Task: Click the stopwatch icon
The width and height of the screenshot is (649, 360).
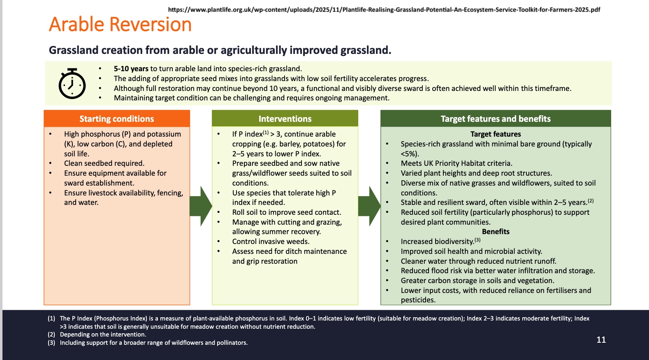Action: click(x=72, y=84)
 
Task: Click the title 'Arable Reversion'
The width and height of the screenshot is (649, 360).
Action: click(x=120, y=24)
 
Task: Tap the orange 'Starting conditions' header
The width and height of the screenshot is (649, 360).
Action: click(x=117, y=119)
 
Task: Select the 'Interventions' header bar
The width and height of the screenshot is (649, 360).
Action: click(x=285, y=119)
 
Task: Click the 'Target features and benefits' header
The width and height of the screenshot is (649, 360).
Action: click(x=496, y=119)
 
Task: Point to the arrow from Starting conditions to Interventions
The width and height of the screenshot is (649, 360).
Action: click(x=201, y=206)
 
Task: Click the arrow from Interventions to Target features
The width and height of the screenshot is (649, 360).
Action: click(x=369, y=206)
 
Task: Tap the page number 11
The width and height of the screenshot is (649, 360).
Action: click(x=601, y=340)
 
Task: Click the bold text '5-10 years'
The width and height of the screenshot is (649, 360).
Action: click(x=131, y=69)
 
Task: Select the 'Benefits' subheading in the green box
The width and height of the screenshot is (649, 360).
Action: click(x=496, y=232)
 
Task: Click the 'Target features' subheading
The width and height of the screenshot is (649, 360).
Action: click(x=496, y=134)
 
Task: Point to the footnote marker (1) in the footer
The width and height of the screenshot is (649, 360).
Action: click(x=51, y=318)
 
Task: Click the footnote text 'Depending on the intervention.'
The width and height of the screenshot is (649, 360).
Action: click(x=103, y=334)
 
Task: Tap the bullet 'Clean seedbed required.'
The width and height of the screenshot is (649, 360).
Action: click(x=104, y=163)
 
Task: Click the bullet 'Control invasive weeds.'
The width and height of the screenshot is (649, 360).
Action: click(x=271, y=242)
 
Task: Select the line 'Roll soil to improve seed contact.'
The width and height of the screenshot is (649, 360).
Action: click(x=287, y=212)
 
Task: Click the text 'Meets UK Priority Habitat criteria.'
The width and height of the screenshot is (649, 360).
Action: click(x=457, y=163)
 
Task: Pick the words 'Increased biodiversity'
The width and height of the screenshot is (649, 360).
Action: click(x=437, y=242)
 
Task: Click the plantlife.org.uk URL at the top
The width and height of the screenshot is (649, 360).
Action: click(x=384, y=9)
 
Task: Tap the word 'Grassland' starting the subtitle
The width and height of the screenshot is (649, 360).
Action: click(x=74, y=50)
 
